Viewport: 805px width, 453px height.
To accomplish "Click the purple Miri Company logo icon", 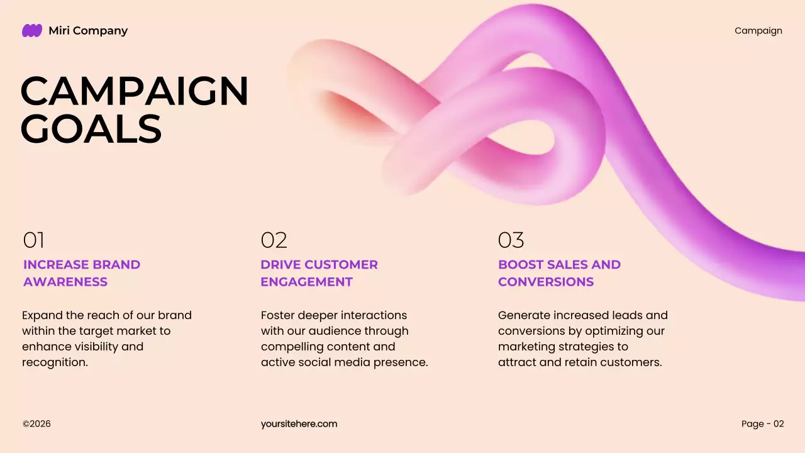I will pyautogui.click(x=32, y=30).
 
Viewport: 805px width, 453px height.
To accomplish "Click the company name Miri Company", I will pyautogui.click(x=88, y=31).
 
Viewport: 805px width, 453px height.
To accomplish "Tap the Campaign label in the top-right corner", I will pyautogui.click(x=758, y=31).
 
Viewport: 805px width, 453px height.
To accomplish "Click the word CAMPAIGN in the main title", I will pyautogui.click(x=135, y=91).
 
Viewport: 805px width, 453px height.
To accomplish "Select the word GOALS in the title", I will pyautogui.click(x=91, y=129).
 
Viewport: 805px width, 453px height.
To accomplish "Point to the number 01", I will pyautogui.click(x=34, y=240).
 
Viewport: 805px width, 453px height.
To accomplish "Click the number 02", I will pyautogui.click(x=274, y=240).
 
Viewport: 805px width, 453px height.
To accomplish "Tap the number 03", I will pyautogui.click(x=511, y=240).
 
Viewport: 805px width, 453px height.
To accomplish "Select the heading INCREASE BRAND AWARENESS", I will pyautogui.click(x=82, y=273).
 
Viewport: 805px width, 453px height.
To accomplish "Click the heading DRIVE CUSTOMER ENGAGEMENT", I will pyautogui.click(x=319, y=273).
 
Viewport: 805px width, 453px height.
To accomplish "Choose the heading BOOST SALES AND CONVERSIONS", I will pyautogui.click(x=559, y=273).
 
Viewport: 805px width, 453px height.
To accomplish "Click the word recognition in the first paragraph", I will pyautogui.click(x=55, y=362).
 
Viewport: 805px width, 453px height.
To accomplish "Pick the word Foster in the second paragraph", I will pyautogui.click(x=277, y=315).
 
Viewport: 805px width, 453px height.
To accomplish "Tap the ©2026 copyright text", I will pyautogui.click(x=36, y=424).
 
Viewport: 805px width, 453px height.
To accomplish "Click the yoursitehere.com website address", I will pyautogui.click(x=299, y=424).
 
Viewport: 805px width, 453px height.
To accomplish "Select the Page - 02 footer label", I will pyautogui.click(x=762, y=424).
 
